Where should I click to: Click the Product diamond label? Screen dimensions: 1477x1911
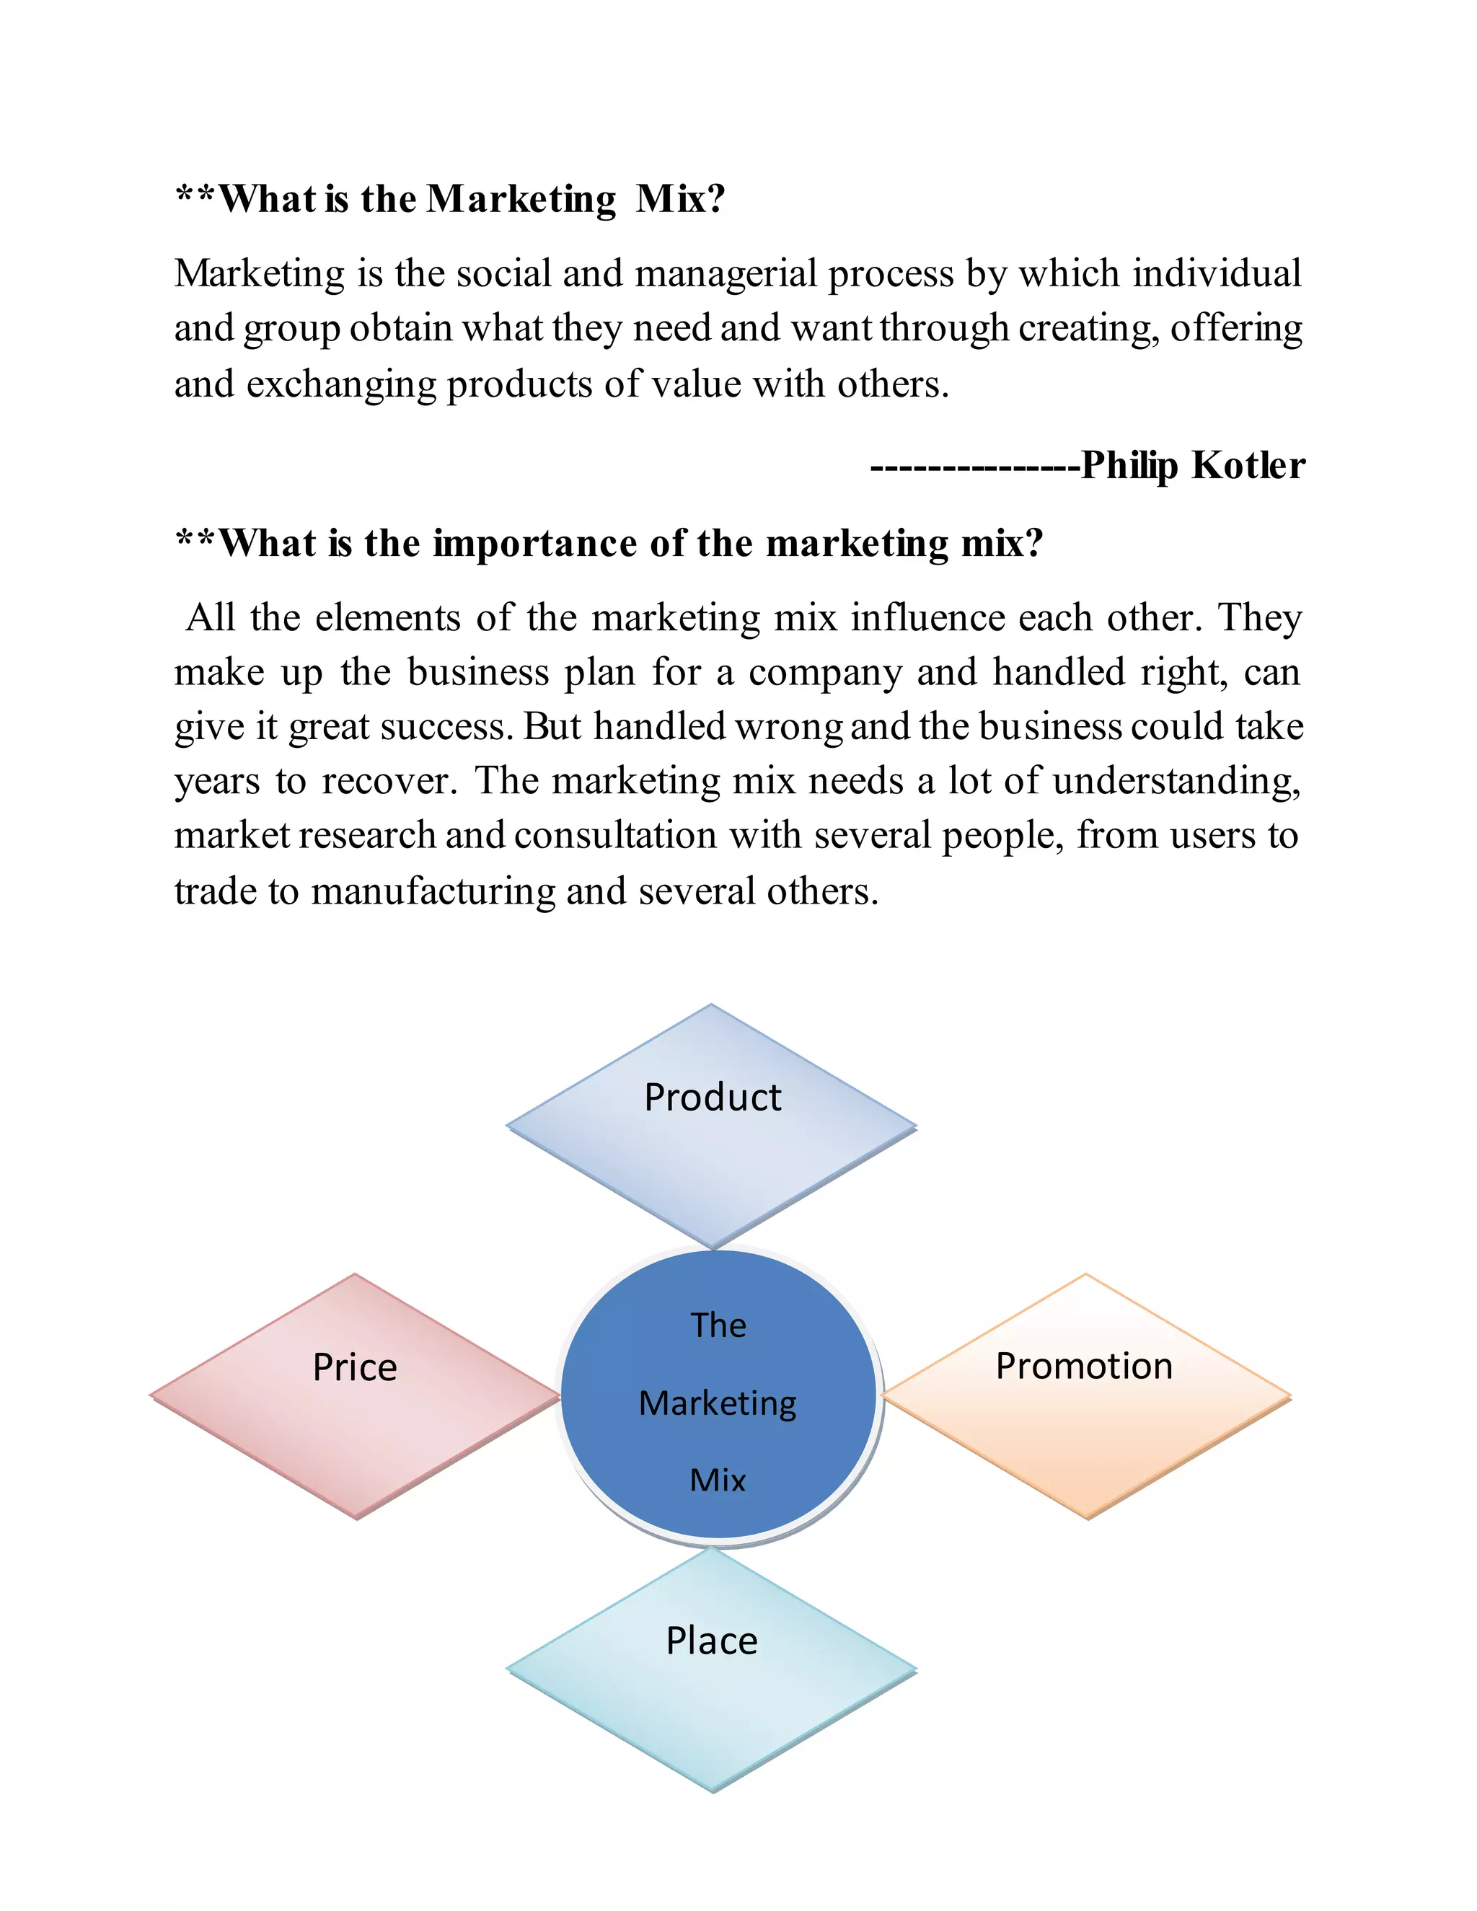[x=713, y=1098]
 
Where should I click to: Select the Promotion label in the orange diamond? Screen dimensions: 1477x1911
[x=1084, y=1366]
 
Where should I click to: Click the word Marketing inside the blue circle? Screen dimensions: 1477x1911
[x=718, y=1403]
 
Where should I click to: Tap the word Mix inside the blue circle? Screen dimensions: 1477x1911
[x=718, y=1480]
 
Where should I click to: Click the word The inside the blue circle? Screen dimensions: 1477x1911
[x=718, y=1325]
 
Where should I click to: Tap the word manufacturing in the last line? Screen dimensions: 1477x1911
[x=433, y=891]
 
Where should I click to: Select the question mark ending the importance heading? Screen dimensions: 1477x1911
[x=1035, y=544]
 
